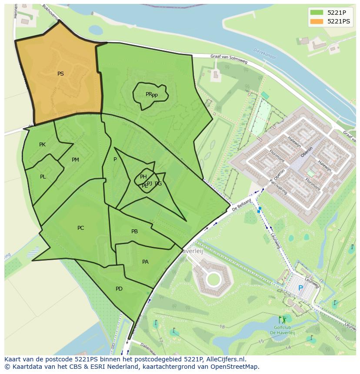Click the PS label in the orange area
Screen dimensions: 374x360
click(60, 74)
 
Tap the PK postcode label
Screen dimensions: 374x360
click(42, 145)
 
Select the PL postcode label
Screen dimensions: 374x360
click(43, 177)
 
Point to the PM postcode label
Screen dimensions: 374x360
click(75, 160)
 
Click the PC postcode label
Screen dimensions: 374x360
click(80, 228)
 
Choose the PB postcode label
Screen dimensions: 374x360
click(134, 232)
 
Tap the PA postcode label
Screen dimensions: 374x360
click(145, 262)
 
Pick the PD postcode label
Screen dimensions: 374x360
click(119, 289)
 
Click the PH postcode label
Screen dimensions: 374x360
click(143, 176)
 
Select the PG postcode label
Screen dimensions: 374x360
click(158, 184)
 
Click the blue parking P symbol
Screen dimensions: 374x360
click(300, 288)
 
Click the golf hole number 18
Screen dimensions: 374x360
click(222, 326)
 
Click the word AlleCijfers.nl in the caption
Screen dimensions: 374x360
click(225, 359)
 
